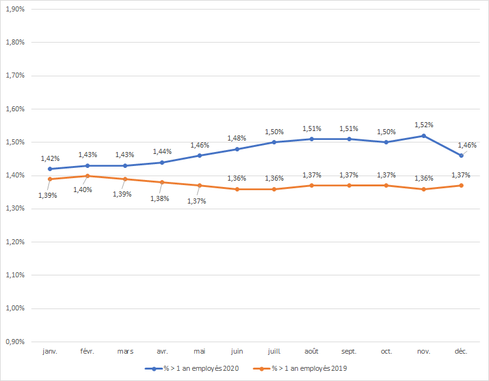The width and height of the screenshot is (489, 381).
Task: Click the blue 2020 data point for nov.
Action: click(x=423, y=135)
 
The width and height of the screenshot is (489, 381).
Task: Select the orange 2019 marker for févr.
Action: click(x=87, y=176)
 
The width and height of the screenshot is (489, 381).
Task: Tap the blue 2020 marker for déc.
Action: click(x=461, y=155)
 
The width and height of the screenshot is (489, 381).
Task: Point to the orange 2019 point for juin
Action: click(x=237, y=189)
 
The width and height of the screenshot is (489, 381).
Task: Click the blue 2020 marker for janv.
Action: click(x=50, y=169)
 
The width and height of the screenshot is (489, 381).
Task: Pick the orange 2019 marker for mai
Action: click(x=199, y=186)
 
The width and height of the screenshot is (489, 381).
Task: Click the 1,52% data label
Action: click(x=423, y=125)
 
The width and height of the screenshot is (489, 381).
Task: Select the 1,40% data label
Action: click(x=83, y=190)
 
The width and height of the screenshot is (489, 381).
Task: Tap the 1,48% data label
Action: click(x=236, y=138)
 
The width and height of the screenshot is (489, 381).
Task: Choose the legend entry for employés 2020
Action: click(x=192, y=368)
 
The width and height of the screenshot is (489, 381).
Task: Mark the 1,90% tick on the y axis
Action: click(x=15, y=10)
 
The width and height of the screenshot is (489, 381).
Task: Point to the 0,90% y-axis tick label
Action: click(x=15, y=342)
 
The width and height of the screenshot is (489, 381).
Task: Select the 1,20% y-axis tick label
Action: click(x=15, y=242)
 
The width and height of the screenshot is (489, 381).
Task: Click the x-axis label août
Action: click(x=311, y=351)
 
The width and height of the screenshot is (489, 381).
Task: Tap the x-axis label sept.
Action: click(x=349, y=351)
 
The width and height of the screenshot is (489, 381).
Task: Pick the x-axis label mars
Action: click(x=124, y=351)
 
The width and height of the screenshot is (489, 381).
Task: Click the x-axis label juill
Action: click(x=274, y=351)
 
